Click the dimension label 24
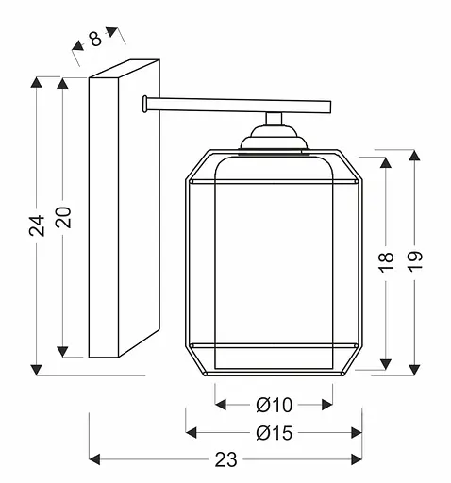tap(36, 225)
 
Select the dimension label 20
tap(63, 218)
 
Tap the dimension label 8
tap(96, 41)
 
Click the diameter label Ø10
tap(274, 405)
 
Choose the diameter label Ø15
tap(274, 432)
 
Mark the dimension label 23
tap(225, 459)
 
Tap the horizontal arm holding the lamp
tap(236, 102)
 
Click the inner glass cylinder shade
tap(274, 264)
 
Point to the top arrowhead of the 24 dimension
tap(36, 82)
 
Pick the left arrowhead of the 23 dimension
tap(95, 459)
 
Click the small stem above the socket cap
tap(274, 119)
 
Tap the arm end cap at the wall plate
tap(143, 102)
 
